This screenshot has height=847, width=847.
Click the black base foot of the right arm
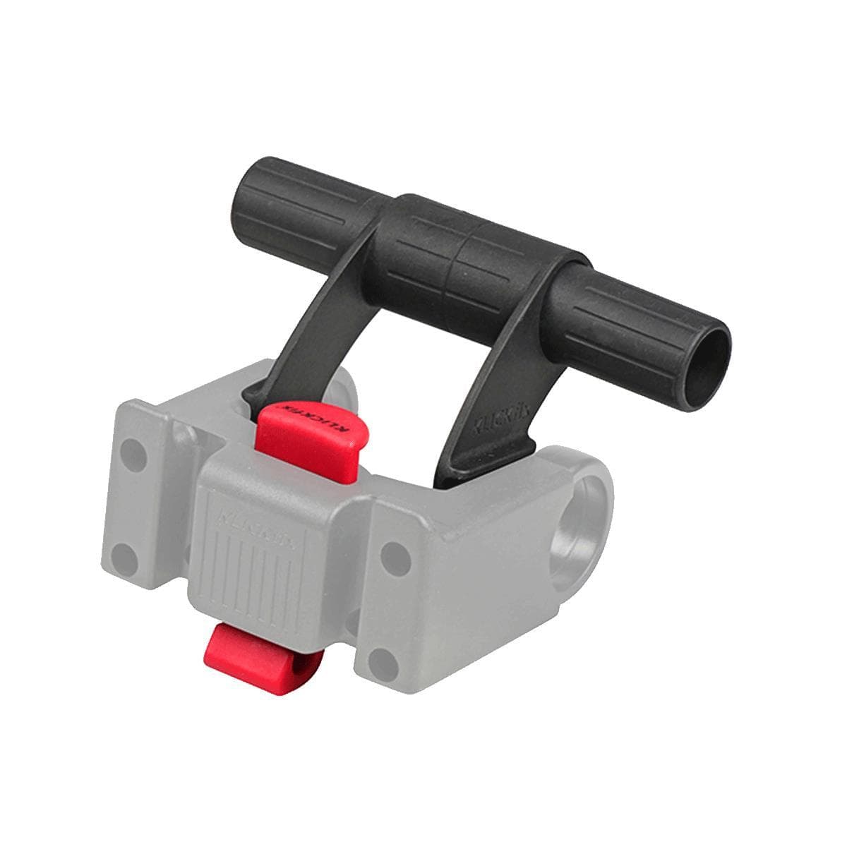[x=494, y=462]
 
